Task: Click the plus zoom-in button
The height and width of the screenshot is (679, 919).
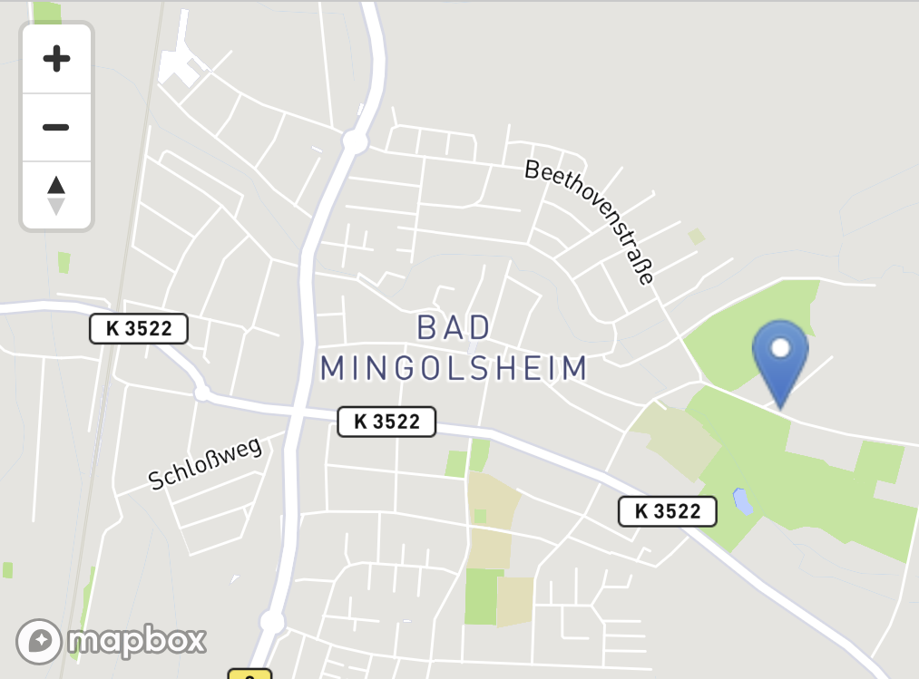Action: [56, 60]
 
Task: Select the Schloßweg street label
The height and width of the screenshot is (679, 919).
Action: [205, 463]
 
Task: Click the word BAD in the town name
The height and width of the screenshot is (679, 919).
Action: [454, 327]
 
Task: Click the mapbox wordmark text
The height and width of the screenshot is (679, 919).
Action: [136, 642]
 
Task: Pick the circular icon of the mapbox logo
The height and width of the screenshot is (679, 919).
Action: [39, 642]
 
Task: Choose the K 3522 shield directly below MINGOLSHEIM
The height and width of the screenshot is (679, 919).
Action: [386, 422]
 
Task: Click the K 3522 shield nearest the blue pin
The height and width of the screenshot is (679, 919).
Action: [667, 511]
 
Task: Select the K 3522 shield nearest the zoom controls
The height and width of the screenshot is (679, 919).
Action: [138, 328]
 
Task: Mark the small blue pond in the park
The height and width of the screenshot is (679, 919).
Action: [742, 501]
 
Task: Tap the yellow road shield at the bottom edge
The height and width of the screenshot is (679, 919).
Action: [249, 674]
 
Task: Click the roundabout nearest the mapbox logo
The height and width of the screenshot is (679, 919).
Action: [272, 622]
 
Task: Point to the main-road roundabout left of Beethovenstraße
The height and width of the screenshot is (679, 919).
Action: [355, 141]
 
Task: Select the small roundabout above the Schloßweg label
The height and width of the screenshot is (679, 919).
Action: [202, 393]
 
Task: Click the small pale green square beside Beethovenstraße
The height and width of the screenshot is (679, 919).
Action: [696, 237]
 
